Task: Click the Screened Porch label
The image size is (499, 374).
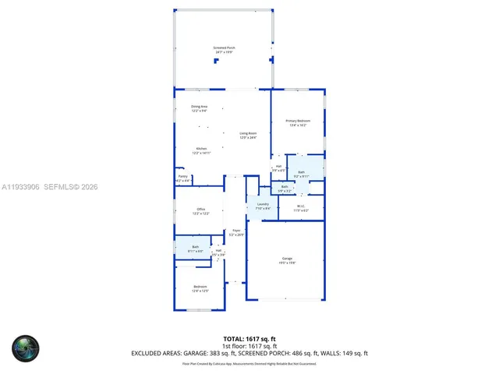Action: (224, 48)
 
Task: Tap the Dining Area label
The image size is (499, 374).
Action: (200, 107)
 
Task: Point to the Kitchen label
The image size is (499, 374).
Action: (201, 149)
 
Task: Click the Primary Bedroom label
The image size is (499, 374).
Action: (297, 121)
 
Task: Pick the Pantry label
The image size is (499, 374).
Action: (182, 177)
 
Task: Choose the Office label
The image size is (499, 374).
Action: (200, 210)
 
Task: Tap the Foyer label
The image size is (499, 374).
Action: (236, 231)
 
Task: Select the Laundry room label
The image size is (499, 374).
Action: (263, 205)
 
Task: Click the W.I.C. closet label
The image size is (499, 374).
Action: (301, 207)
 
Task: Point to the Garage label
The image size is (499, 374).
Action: (287, 260)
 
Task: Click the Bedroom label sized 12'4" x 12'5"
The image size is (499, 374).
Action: (200, 288)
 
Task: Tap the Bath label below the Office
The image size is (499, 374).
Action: (196, 247)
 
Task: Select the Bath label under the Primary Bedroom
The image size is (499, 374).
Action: (301, 172)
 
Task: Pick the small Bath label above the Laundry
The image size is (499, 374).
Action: (285, 186)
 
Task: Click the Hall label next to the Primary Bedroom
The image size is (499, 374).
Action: (278, 167)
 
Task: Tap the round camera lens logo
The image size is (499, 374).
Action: (25, 348)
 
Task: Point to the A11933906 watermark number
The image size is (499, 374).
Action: (19, 187)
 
